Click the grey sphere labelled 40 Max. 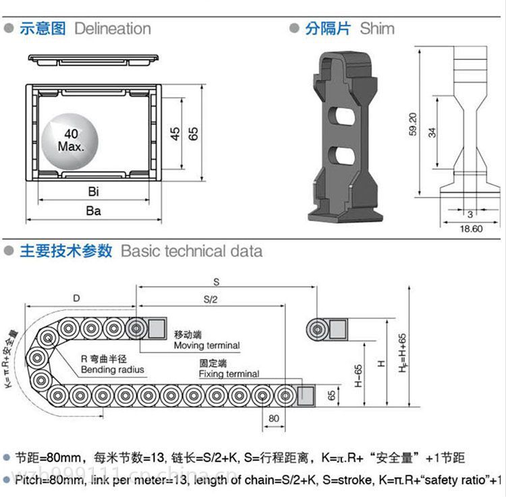pyautogui.click(x=70, y=140)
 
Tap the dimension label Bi pyautogui.click(x=93, y=192)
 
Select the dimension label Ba pyautogui.click(x=93, y=211)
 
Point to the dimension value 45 pyautogui.click(x=175, y=133)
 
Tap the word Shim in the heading pyautogui.click(x=377, y=28)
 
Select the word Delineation pyautogui.click(x=113, y=28)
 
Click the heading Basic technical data pyautogui.click(x=192, y=251)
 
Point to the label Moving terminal pyautogui.click(x=206, y=345)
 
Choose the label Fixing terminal pyautogui.click(x=229, y=374)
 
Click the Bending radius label pyautogui.click(x=112, y=370)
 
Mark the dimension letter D pyautogui.click(x=77, y=298)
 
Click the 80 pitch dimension pyautogui.click(x=274, y=417)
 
